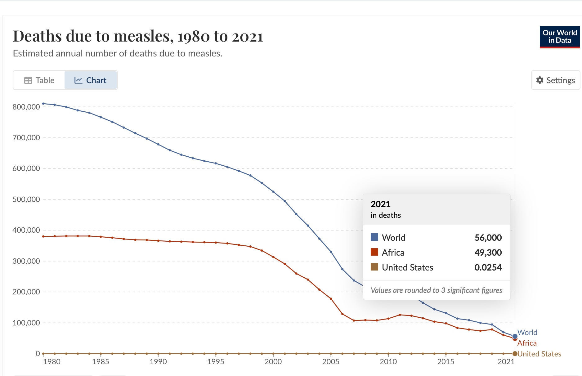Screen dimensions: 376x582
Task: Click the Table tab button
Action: click(39, 80)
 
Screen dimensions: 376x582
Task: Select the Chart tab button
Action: click(90, 80)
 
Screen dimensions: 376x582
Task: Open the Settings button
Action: click(555, 80)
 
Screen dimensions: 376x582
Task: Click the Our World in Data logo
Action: click(559, 37)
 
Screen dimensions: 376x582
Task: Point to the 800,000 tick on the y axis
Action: click(26, 107)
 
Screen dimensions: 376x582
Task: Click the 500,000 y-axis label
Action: click(26, 199)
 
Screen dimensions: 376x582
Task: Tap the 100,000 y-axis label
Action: click(26, 323)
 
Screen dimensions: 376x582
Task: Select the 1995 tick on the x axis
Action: click(216, 362)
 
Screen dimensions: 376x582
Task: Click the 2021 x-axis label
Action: click(506, 362)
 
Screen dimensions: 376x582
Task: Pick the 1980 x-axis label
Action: click(52, 362)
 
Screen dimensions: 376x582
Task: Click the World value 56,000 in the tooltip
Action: click(488, 238)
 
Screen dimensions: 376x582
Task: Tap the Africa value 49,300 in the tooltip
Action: click(488, 253)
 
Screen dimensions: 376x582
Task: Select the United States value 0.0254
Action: click(488, 267)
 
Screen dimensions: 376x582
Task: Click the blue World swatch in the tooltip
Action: click(374, 237)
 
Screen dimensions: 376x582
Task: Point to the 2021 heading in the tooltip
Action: click(380, 204)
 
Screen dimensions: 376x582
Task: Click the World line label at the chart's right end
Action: click(527, 333)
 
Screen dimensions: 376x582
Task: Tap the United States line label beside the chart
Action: click(539, 354)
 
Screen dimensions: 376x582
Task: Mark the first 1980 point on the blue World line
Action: click(43, 104)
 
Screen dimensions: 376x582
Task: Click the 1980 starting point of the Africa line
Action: click(43, 236)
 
